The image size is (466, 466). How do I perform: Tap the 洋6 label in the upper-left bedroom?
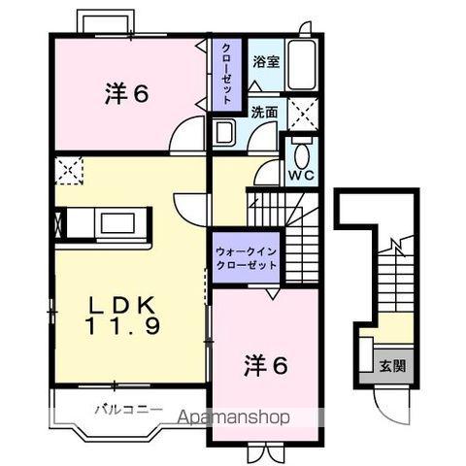pos(127,94)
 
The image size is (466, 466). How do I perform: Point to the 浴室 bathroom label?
pos(265,61)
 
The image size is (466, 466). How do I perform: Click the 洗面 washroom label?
pos(264,112)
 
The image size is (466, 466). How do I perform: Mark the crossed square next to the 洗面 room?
pos(302,113)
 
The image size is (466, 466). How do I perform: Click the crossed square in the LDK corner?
pos(70,171)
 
